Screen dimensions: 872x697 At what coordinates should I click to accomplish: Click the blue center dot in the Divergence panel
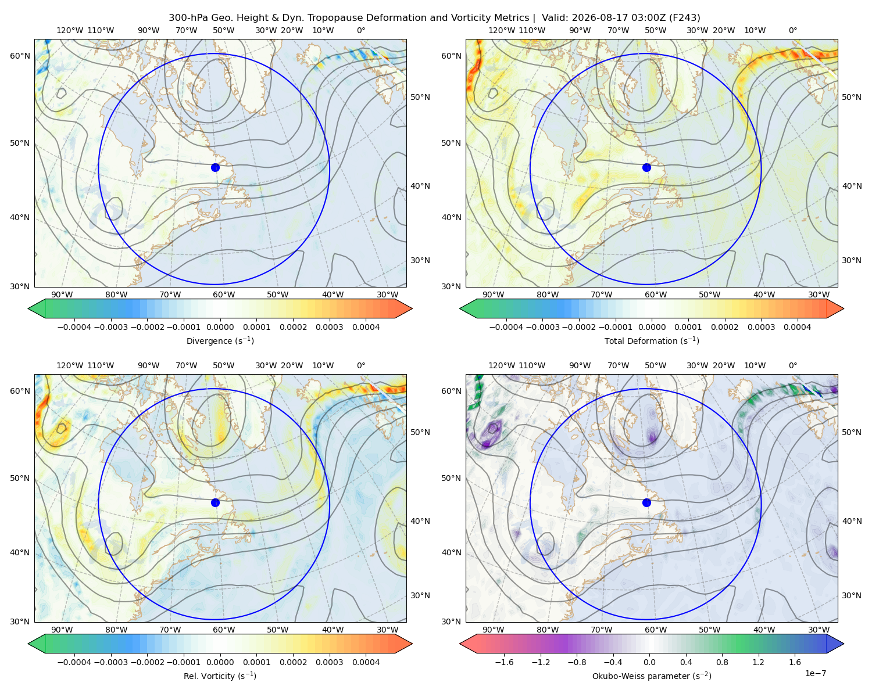coord(215,167)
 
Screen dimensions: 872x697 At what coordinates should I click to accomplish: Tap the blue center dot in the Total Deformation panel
coord(646,167)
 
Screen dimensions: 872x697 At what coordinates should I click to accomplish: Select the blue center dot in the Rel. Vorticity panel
coord(215,502)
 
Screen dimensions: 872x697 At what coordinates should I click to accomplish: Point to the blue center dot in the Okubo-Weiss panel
coord(646,502)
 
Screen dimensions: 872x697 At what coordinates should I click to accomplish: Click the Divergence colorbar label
coord(220,340)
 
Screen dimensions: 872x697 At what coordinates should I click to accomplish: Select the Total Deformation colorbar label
coord(652,340)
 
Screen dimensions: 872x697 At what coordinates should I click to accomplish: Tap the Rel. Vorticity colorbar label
coord(220,676)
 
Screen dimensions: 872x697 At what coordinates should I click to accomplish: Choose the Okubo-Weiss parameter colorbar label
coord(652,676)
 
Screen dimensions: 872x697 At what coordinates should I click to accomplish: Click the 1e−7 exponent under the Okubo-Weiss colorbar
coord(815,673)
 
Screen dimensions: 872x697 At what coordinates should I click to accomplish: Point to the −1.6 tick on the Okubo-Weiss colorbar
coord(504,662)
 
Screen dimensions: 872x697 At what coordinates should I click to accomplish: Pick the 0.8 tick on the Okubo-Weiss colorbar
coord(722,662)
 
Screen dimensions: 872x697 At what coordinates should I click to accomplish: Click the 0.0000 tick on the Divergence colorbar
coord(220,327)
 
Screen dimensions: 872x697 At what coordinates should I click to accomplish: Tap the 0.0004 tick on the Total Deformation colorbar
coord(797,327)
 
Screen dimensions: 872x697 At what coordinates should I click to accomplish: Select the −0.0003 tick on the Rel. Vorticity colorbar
coord(110,662)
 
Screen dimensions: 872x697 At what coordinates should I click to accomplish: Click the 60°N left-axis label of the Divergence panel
coord(20,56)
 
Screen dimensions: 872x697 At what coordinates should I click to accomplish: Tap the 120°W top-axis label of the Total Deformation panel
coord(501,30)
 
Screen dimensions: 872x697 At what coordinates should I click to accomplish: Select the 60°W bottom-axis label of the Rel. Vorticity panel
coord(224,630)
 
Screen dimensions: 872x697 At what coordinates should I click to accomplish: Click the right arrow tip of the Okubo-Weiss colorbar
coord(844,644)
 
